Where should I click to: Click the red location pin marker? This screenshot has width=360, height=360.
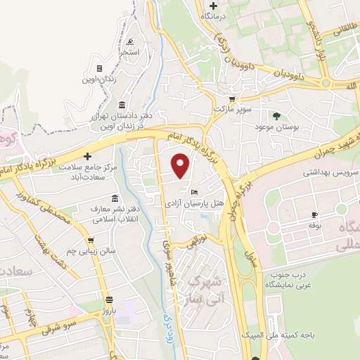(x=181, y=166)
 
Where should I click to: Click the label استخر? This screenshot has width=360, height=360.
(x=129, y=51)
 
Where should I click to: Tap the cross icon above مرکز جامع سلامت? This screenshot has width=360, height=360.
(x=87, y=156)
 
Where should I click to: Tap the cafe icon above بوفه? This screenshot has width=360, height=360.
(x=314, y=214)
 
